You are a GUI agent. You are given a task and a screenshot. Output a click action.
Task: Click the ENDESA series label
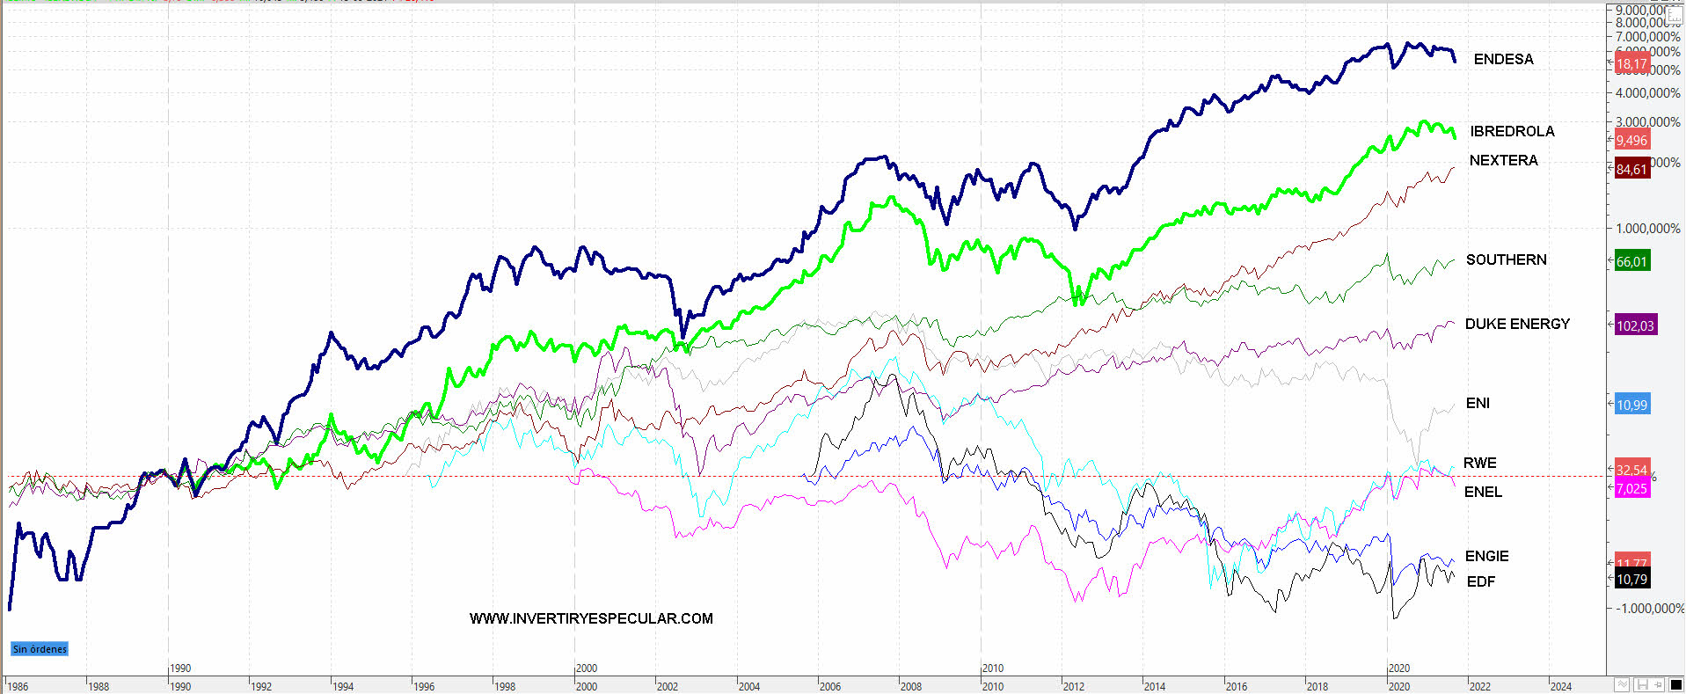1503,59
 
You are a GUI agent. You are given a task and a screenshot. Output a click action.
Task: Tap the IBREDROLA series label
1512,131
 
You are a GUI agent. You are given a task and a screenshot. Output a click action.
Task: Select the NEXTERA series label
1503,160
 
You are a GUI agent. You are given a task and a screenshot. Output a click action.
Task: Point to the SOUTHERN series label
1506,259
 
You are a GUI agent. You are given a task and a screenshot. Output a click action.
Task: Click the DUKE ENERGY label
1517,324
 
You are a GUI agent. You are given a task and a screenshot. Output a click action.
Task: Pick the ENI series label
1478,403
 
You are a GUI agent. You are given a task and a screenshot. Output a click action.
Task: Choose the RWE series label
1479,463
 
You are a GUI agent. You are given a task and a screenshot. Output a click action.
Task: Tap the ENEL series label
1483,492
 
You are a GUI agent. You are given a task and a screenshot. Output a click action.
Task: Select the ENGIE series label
1486,556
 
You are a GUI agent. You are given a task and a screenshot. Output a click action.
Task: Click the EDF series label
1481,581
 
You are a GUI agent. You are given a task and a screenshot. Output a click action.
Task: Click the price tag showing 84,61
1631,169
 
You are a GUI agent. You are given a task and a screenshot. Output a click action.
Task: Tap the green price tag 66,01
1631,261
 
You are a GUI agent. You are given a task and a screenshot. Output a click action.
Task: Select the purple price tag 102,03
1635,325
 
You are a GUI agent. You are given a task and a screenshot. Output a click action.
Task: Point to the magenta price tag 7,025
1631,489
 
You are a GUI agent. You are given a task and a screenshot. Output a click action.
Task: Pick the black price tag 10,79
1631,579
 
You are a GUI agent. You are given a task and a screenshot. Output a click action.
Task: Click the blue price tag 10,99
1631,405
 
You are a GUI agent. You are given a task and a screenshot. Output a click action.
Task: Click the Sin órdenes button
40,649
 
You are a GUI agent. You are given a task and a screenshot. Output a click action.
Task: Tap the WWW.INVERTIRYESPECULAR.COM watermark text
591,618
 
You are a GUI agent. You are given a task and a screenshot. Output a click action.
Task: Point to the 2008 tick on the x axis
910,686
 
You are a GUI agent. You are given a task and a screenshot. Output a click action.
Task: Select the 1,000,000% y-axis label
1647,228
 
